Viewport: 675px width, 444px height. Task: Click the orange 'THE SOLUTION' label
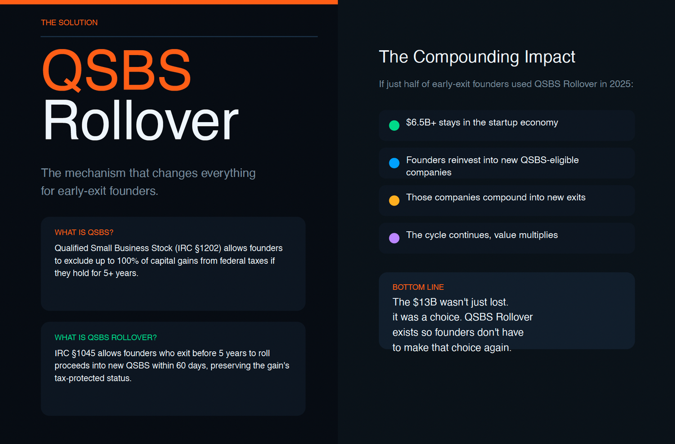pyautogui.click(x=69, y=23)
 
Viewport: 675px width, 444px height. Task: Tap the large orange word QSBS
pyautogui.click(x=116, y=71)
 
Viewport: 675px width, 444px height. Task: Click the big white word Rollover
pyautogui.click(x=140, y=121)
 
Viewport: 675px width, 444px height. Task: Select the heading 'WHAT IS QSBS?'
pyautogui.click(x=84, y=232)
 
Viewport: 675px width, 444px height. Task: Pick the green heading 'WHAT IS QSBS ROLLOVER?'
pyautogui.click(x=106, y=338)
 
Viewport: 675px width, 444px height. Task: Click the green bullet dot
pyautogui.click(x=394, y=125)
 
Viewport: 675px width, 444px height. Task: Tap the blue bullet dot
pyautogui.click(x=394, y=163)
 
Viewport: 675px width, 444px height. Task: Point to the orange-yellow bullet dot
pyautogui.click(x=394, y=200)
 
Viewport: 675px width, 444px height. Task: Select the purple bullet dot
pyautogui.click(x=394, y=238)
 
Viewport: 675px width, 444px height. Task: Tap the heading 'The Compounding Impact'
pyautogui.click(x=477, y=57)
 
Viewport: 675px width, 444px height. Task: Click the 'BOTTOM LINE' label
pyautogui.click(x=418, y=288)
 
